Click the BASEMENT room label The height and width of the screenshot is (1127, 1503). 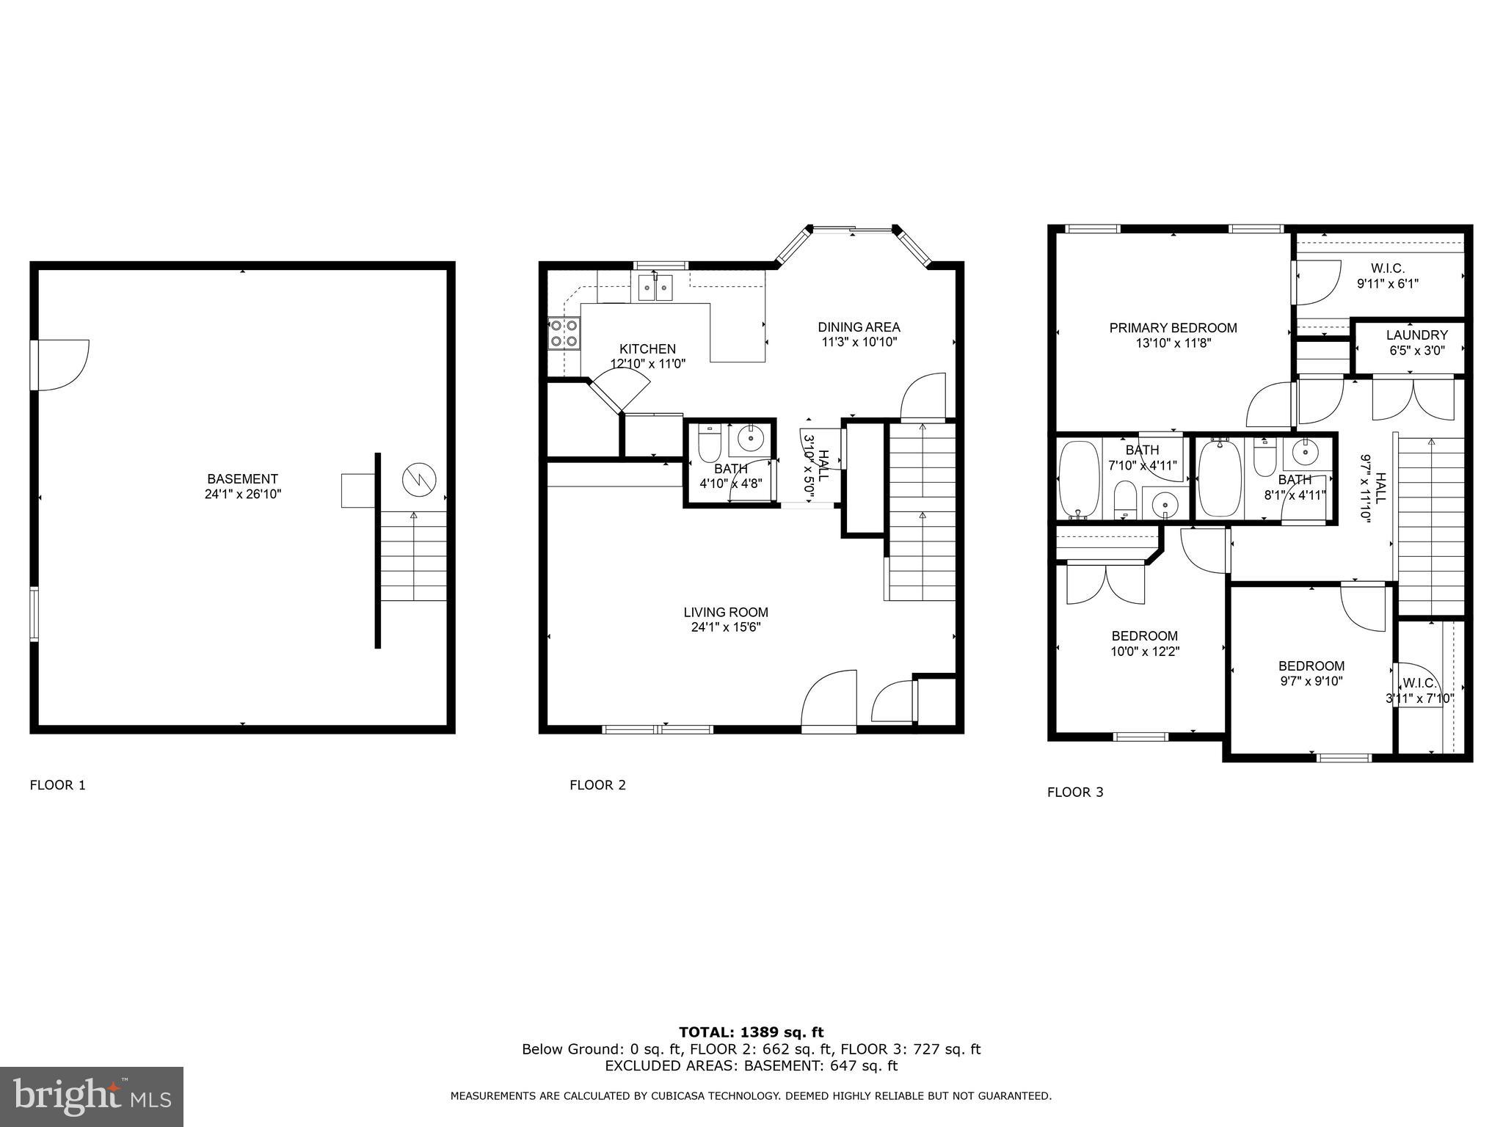point(242,479)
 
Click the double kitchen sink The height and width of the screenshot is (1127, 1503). point(655,288)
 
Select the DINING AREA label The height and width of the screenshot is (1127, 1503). point(859,327)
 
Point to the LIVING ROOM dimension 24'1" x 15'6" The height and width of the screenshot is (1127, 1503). point(725,627)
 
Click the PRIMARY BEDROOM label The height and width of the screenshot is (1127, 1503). point(1173,328)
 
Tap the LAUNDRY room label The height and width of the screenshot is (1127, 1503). point(1416,335)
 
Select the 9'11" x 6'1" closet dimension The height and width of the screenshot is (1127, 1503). point(1386,283)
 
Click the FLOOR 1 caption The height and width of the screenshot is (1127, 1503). point(57,785)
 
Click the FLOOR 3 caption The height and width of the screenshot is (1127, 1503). point(1074,792)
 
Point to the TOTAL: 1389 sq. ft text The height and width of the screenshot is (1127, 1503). point(751,1032)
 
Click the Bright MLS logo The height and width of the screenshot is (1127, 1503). point(92,1096)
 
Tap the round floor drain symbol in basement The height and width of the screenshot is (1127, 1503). point(419,481)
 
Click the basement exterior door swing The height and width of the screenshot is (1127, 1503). point(62,365)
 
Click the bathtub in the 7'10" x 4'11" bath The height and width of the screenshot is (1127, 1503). point(1080,478)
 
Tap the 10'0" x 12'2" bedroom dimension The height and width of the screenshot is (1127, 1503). point(1144,652)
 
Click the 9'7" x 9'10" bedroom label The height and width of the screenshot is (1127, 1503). point(1311,666)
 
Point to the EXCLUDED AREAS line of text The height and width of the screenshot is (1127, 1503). point(751,1066)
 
